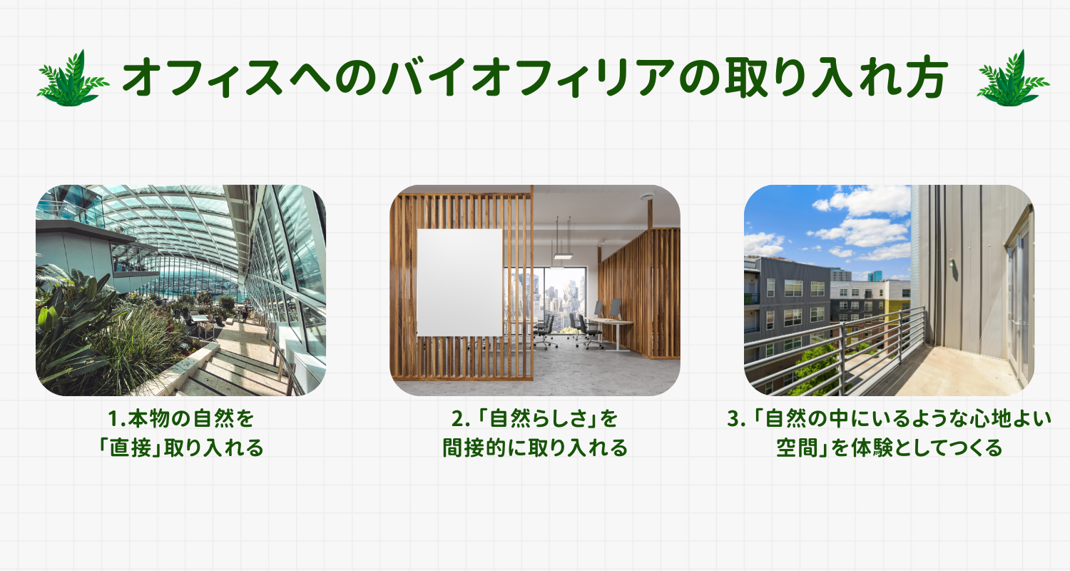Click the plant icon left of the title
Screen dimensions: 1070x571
(73, 79)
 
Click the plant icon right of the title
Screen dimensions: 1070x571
(1013, 79)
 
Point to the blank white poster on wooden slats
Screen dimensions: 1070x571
(459, 283)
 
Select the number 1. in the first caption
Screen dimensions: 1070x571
(116, 419)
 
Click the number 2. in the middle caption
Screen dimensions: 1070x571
(461, 419)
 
